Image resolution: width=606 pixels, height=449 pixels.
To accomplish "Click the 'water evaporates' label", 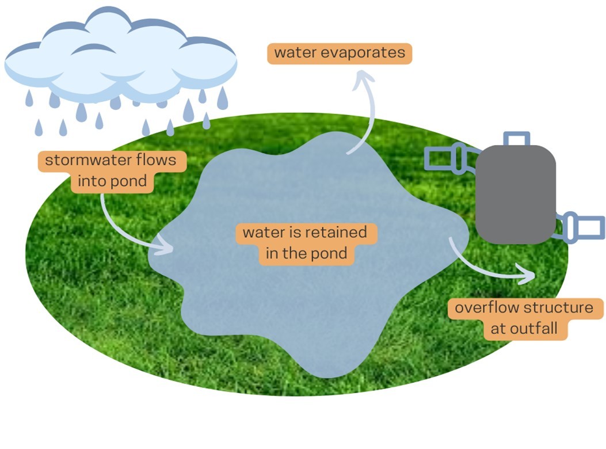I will tap(340, 53).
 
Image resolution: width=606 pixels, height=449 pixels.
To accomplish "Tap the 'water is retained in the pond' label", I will tap(306, 243).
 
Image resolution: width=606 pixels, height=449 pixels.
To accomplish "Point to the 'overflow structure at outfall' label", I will tap(524, 318).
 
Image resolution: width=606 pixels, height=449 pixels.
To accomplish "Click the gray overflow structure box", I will tap(516, 193).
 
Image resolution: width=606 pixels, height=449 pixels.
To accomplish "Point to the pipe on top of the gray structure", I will tap(516, 139).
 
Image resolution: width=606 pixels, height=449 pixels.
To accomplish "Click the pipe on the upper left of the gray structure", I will tap(449, 157).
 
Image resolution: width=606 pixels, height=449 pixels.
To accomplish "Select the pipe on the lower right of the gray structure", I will tap(582, 226).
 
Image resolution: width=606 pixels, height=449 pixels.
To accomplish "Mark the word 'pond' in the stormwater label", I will tap(131, 182).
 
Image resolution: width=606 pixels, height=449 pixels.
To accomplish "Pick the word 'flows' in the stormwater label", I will tap(156, 160).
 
